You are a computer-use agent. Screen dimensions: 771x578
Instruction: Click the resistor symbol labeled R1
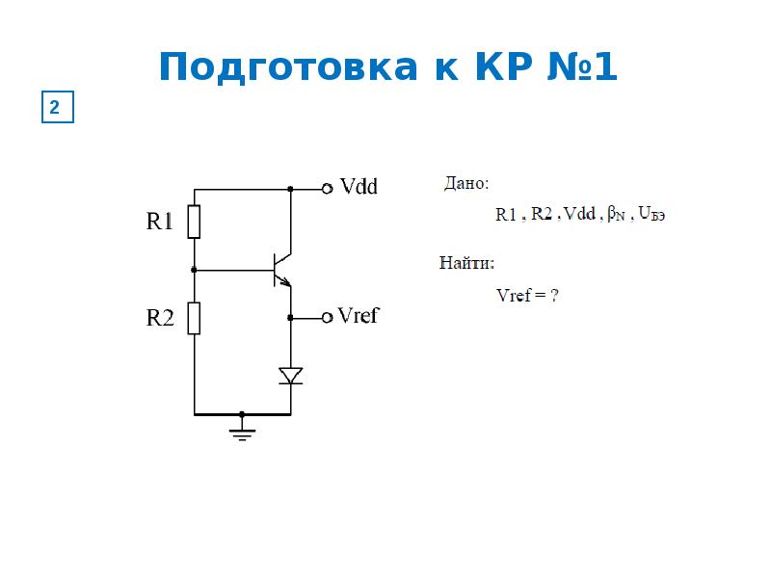194,222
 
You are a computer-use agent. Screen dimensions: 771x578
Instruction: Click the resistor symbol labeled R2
194,319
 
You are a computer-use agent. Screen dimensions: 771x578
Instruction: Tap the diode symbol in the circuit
291,376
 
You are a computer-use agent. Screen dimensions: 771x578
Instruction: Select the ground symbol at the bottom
242,433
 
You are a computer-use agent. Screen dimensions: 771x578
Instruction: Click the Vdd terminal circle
327,189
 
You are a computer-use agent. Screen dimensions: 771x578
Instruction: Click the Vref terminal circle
327,318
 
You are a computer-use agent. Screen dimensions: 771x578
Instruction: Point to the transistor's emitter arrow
284,280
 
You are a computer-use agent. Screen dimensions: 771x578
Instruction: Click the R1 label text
160,222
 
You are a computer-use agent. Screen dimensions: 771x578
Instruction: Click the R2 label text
160,318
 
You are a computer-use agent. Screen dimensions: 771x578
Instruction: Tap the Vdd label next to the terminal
359,187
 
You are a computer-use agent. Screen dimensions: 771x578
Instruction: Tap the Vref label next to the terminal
359,316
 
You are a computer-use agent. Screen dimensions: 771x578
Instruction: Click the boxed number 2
58,107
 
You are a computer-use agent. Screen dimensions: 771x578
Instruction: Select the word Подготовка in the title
288,67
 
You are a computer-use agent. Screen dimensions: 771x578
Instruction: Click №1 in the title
582,66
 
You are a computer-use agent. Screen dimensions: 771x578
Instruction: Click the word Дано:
466,183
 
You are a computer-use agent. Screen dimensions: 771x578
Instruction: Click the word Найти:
466,263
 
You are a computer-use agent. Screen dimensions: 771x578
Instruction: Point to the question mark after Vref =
554,295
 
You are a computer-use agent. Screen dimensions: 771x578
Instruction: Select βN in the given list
616,214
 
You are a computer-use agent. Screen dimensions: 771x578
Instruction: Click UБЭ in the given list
651,213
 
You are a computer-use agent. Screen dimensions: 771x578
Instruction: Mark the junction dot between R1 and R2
194,270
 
